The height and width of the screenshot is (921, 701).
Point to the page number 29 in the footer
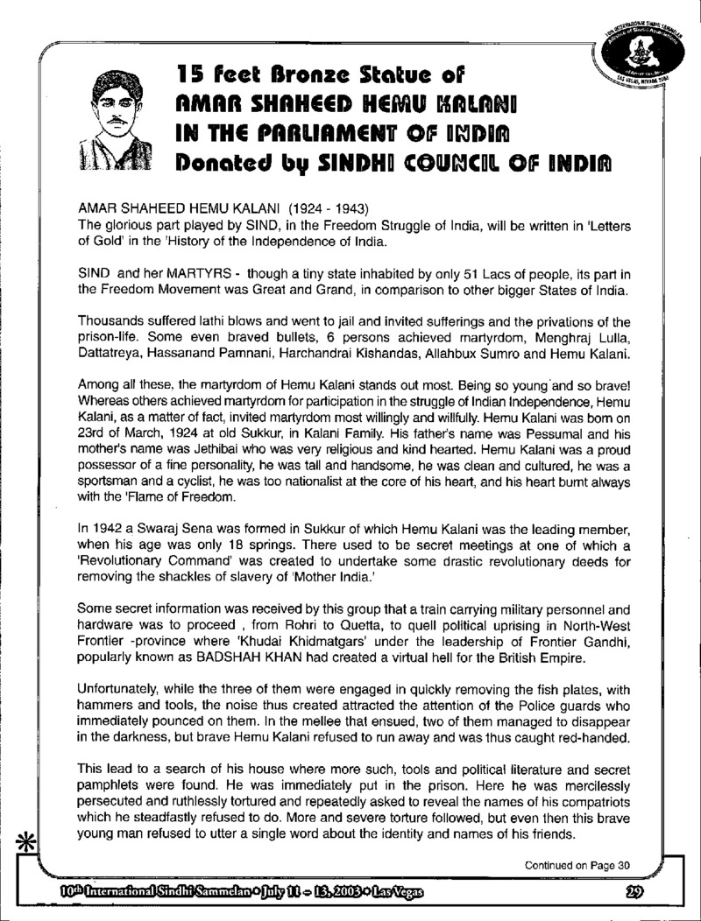point(638,893)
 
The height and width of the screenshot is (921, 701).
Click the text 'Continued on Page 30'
point(577,866)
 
